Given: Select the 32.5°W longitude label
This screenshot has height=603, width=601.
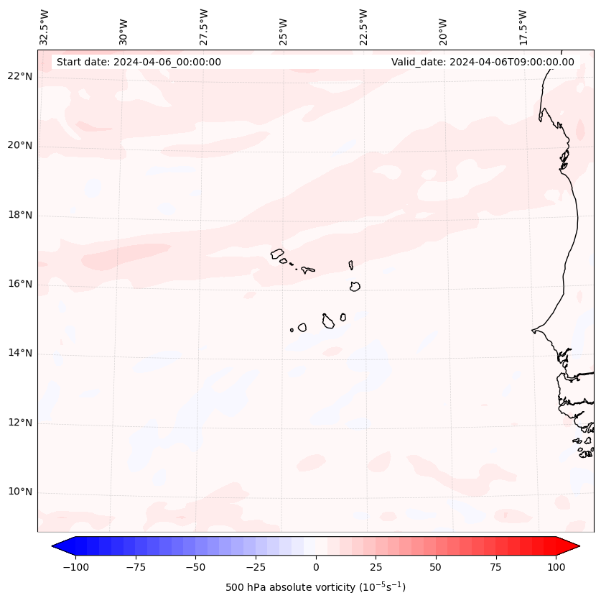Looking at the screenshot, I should pyautogui.click(x=45, y=27).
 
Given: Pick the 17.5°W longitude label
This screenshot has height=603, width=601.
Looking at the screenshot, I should pyautogui.click(x=523, y=27).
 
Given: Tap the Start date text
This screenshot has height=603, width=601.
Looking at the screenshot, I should pyautogui.click(x=139, y=62).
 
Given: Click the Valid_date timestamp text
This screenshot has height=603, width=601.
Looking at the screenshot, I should pyautogui.click(x=483, y=62).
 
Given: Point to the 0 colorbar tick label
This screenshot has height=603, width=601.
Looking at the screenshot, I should pyautogui.click(x=316, y=567).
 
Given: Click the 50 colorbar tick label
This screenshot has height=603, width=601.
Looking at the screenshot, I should pyautogui.click(x=436, y=567).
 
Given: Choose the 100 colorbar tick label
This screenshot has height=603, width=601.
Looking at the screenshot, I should pyautogui.click(x=556, y=567).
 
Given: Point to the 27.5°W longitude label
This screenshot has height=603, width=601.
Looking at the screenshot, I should pyautogui.click(x=204, y=27).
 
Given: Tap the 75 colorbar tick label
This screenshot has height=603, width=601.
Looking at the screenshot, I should pyautogui.click(x=496, y=567).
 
